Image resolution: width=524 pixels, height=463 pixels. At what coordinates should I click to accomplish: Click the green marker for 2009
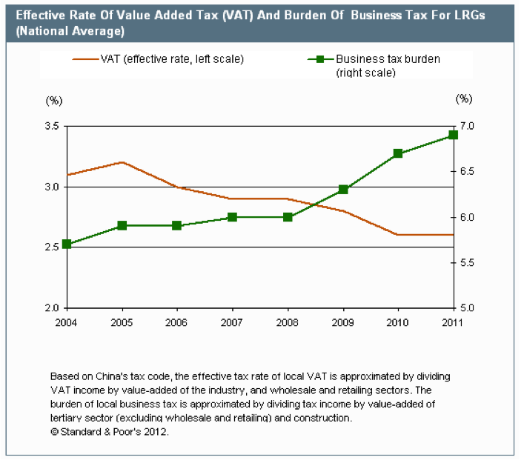343,190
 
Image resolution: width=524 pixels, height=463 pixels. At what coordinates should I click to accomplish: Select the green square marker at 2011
454,135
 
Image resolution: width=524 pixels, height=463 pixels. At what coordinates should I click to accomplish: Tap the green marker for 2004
67,244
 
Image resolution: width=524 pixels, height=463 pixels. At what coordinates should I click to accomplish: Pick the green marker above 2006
177,225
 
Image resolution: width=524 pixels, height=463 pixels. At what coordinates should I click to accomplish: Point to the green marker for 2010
398,153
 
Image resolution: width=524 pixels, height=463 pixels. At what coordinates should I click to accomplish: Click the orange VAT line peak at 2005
122,161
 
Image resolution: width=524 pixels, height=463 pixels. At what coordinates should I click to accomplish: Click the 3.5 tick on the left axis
53,127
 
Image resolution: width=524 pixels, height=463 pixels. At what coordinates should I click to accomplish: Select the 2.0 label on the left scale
53,308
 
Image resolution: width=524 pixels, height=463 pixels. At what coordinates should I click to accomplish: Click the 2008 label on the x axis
288,322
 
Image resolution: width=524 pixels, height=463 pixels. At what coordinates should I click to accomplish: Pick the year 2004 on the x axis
67,322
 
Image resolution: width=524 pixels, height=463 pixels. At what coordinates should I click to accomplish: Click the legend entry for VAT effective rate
171,59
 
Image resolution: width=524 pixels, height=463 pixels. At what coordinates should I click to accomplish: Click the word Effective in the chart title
36,16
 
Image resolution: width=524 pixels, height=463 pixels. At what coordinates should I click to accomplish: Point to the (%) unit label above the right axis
464,99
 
